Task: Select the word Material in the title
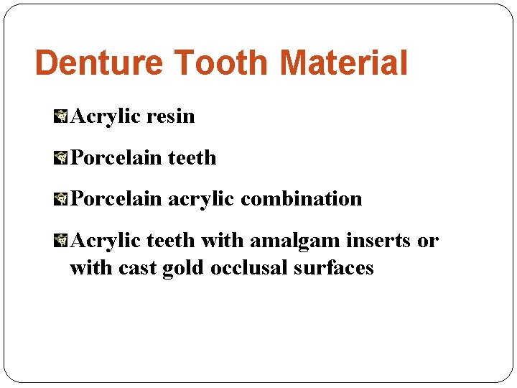point(344,63)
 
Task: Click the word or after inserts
point(428,241)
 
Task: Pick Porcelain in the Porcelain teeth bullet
point(117,157)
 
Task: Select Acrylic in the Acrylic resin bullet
point(104,116)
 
